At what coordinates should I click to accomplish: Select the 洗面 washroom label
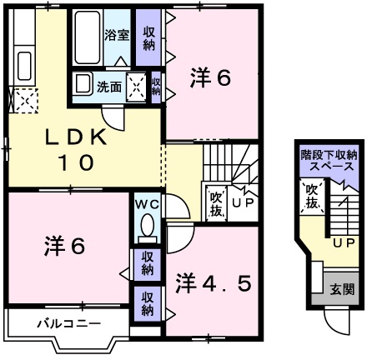(x=109, y=85)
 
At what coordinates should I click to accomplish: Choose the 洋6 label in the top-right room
(x=210, y=78)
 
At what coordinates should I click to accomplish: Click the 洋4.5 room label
(x=213, y=283)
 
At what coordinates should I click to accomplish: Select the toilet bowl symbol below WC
(x=148, y=227)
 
